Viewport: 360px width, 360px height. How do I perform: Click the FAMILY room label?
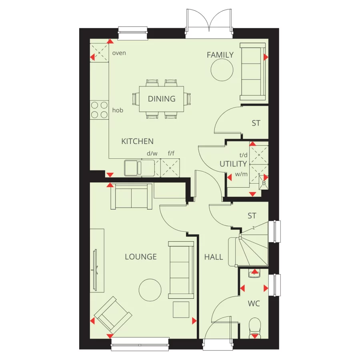pos(220,55)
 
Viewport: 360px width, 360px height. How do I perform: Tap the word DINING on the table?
pos(162,99)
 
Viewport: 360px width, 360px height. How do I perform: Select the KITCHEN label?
pos(137,141)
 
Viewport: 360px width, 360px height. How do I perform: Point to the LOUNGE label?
pos(141,256)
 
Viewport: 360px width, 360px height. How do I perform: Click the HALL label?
pos(214,257)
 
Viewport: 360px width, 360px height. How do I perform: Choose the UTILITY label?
pos(233,164)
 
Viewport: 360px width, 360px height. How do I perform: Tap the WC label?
pos(254,304)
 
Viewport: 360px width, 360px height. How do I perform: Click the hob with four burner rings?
pos(99,110)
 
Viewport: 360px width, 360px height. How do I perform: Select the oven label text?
pos(119,53)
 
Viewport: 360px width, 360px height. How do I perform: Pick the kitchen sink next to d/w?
pos(139,168)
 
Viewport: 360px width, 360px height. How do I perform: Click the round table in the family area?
pos(222,70)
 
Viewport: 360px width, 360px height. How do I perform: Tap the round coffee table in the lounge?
pos(150,290)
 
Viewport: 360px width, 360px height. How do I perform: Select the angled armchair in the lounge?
pos(113,315)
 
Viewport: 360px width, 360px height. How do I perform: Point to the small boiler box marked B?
pos(264,183)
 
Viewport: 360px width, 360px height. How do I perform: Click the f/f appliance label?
pos(171,153)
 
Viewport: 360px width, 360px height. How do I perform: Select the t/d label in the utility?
pos(243,155)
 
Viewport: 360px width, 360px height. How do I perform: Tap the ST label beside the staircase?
pos(252,216)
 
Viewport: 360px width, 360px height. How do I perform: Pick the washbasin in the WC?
pos(254,274)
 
